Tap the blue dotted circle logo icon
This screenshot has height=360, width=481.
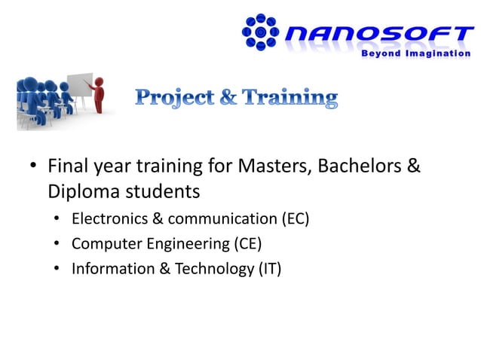(261, 32)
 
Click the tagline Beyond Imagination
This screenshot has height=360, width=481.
(415, 53)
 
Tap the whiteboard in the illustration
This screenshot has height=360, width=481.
(80, 89)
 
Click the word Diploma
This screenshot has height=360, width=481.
(81, 191)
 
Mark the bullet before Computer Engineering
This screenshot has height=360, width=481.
(57, 244)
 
